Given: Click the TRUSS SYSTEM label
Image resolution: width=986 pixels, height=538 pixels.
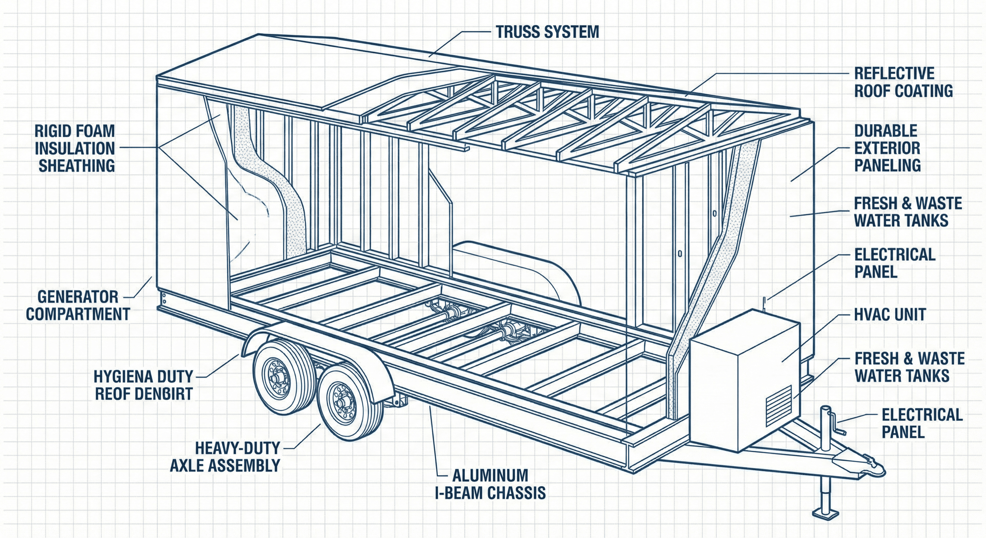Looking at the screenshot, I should [x=547, y=32].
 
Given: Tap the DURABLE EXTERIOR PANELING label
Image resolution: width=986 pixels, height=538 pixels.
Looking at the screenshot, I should [x=887, y=148].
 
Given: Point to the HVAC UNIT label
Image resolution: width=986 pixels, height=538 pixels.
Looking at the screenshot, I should [x=890, y=315].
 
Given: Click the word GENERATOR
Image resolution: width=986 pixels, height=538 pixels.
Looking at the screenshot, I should [x=78, y=297].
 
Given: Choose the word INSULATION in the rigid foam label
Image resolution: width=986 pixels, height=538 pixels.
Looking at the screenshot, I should [x=75, y=149].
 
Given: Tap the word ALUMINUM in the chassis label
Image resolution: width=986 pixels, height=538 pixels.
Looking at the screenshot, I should [x=490, y=476].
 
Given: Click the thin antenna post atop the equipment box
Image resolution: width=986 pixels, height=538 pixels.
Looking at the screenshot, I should [x=763, y=303].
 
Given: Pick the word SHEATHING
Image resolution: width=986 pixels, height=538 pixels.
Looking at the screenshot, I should [x=77, y=166].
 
